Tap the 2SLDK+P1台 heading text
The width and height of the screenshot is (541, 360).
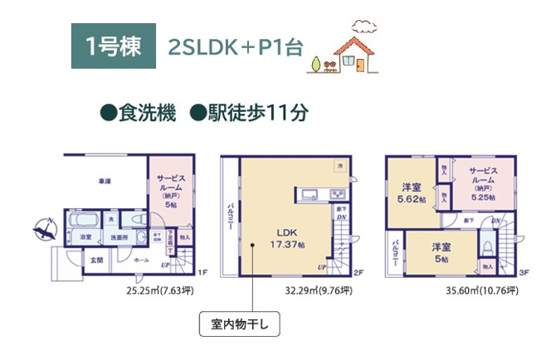point(223,46)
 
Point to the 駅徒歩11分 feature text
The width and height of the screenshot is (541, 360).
point(249,114)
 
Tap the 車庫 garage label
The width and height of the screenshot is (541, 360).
point(104,180)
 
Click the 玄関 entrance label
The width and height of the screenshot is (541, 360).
point(97,260)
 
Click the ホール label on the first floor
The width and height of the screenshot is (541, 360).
point(139,260)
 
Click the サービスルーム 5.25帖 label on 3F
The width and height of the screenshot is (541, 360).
point(479,187)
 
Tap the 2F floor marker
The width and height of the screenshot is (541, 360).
point(359,272)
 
